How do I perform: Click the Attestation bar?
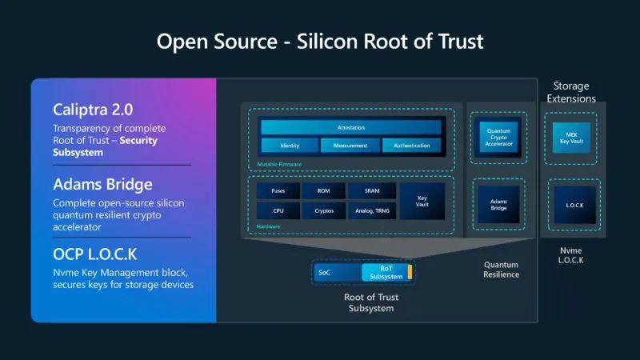point(350,127)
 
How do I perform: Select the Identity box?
point(289,146)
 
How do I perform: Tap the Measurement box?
point(350,146)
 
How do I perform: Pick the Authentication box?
point(412,146)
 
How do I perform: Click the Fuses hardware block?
point(278,190)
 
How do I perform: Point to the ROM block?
point(323,190)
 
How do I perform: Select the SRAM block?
point(371,190)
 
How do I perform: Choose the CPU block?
point(278,211)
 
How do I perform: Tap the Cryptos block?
point(323,211)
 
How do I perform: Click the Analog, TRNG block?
point(371,211)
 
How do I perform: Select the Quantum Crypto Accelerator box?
point(498,135)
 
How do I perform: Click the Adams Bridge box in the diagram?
point(498,206)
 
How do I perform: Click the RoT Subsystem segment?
point(386,273)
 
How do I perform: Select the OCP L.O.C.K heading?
point(94,254)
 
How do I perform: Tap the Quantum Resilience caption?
point(501,270)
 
